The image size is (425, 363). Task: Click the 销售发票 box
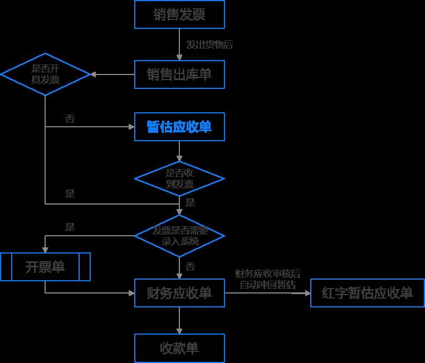click(179, 14)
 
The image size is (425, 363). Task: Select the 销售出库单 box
click(179, 74)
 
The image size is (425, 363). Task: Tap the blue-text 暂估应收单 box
click(179, 127)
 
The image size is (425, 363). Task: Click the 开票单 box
click(45, 267)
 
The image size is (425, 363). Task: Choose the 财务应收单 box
click(179, 292)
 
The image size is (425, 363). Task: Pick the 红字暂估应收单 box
click(367, 293)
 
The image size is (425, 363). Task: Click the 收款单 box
click(179, 348)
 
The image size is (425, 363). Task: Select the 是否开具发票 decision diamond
click(45, 74)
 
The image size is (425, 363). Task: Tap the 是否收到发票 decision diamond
click(179, 179)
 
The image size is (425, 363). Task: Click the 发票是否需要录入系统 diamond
click(179, 236)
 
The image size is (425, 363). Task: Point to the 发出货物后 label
click(209, 45)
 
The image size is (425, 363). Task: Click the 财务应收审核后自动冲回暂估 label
click(267, 279)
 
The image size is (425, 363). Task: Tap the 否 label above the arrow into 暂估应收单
click(70, 119)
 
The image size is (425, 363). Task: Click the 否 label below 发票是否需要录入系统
click(190, 267)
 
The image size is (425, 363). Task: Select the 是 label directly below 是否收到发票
click(190, 202)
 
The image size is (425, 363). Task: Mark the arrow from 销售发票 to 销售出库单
click(179, 44)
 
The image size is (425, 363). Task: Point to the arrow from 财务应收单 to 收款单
click(179, 320)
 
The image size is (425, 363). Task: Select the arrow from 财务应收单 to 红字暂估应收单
click(267, 292)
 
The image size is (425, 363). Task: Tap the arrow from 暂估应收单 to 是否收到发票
click(179, 151)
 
